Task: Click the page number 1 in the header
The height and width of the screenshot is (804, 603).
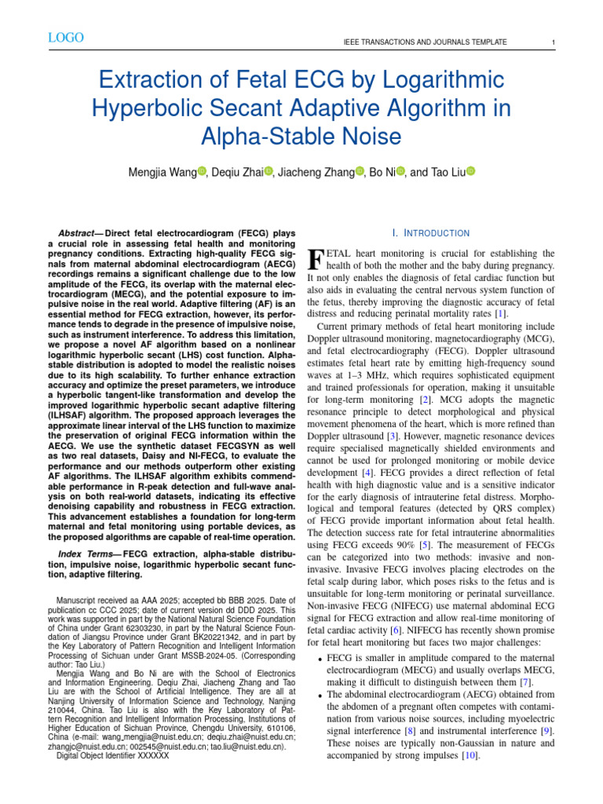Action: (x=554, y=42)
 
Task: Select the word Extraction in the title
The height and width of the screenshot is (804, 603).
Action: (x=140, y=80)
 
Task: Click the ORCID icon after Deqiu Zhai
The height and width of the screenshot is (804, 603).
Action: (x=269, y=172)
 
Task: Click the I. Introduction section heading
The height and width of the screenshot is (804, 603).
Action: (x=431, y=233)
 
